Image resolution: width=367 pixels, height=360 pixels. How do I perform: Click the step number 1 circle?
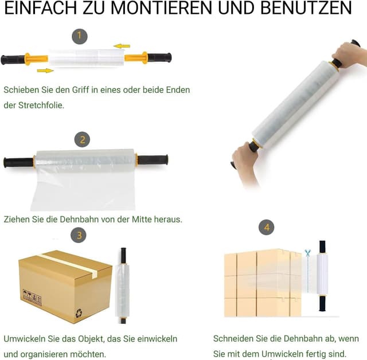click(80, 37)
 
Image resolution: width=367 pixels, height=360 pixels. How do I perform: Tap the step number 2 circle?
click(83, 139)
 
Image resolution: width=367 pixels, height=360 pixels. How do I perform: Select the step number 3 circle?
click(79, 234)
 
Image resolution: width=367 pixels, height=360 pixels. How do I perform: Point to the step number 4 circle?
click(266, 228)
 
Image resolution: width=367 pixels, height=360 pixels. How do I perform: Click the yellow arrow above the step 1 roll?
click(122, 46)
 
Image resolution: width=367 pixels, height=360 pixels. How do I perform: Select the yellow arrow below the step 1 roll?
click(45, 71)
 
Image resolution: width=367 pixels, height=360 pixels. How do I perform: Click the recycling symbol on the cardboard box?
click(78, 312)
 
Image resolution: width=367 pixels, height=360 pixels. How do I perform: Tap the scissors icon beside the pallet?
click(307, 253)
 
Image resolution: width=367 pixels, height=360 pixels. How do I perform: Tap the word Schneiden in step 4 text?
click(235, 339)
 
